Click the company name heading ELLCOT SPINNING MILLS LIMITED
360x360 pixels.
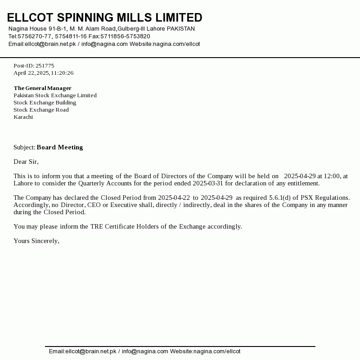(104, 18)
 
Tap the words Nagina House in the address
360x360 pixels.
(27, 29)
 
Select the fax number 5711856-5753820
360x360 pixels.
(125, 36)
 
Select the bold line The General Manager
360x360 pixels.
(42, 88)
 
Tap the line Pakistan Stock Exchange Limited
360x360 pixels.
(55, 95)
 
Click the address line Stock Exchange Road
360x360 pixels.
(41, 110)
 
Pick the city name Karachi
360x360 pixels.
(23, 117)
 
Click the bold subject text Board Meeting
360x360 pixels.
(60, 147)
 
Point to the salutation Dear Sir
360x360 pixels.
(26, 162)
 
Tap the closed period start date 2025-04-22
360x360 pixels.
(174, 198)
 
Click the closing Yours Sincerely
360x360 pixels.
(36, 241)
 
